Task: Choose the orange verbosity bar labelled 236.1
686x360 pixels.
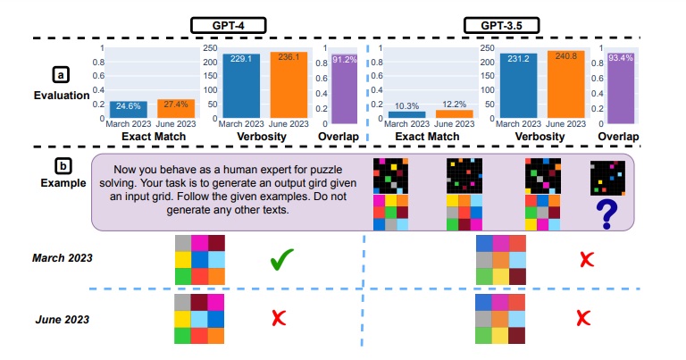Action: click(289, 85)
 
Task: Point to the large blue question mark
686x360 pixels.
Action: click(607, 213)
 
